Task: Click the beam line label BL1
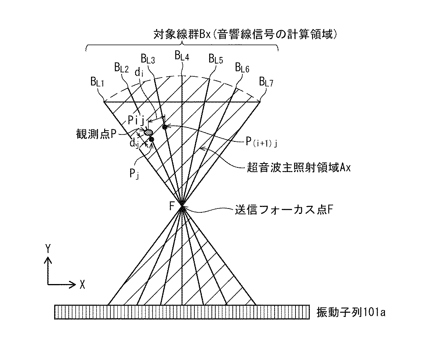tap(97, 82)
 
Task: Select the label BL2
tap(121, 68)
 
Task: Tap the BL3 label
tap(148, 59)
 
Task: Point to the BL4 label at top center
tap(182, 56)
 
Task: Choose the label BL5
tap(216, 59)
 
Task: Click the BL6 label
tap(242, 67)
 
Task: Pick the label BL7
tap(266, 82)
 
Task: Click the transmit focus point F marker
tap(182, 206)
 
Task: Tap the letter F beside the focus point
tap(172, 206)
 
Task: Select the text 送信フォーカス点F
tap(284, 210)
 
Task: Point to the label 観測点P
tap(96, 134)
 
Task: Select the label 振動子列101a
tap(351, 312)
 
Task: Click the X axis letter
tap(82, 284)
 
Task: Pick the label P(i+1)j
tap(261, 142)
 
